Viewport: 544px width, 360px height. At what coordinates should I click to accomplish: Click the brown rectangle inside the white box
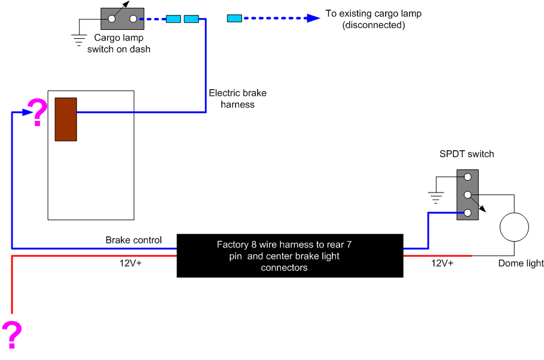pos(66,119)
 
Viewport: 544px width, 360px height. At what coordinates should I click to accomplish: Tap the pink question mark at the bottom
pos(12,334)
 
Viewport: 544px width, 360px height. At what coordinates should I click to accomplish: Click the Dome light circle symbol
pos(514,227)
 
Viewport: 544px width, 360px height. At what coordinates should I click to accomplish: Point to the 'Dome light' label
pos(521,263)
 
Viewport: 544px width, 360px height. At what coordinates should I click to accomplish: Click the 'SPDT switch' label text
pos(467,154)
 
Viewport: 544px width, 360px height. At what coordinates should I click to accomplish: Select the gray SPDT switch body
pos(467,195)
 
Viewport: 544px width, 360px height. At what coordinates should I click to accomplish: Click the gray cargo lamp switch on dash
pos(123,19)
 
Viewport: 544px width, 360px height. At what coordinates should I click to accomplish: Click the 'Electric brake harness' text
pos(237,99)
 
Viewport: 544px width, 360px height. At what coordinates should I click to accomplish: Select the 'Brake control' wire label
pos(133,240)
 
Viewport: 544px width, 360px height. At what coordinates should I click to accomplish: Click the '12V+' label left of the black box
pos(130,262)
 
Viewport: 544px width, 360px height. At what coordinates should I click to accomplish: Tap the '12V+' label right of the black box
pos(442,263)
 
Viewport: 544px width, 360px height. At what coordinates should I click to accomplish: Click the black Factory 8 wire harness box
pos(290,255)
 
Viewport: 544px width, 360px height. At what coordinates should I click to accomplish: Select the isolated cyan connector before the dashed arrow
pos(234,19)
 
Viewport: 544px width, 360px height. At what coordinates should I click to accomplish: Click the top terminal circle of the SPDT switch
pos(467,177)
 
